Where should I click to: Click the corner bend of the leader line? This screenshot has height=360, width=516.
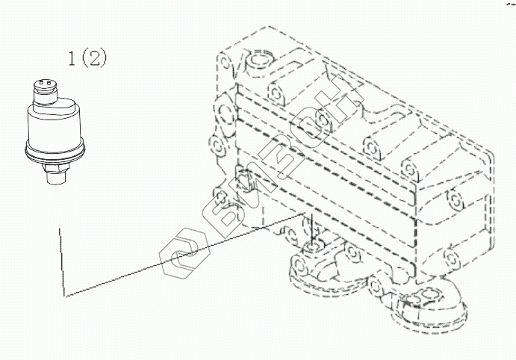tap(65, 295)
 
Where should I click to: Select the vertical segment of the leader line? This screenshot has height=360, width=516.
tap(60, 261)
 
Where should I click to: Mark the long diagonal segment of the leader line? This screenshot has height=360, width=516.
tap(187, 254)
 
